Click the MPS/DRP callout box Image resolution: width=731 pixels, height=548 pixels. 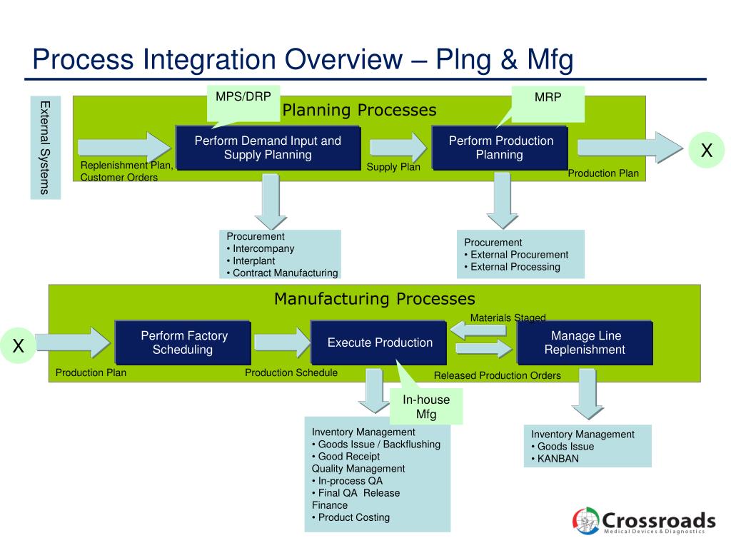(x=243, y=102)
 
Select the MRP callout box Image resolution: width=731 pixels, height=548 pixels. (x=548, y=103)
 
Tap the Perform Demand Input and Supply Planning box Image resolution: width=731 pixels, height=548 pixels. (x=268, y=148)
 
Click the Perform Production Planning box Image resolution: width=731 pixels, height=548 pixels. (x=500, y=148)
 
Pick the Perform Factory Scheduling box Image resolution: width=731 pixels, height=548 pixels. (x=183, y=342)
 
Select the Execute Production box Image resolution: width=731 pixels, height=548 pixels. (x=380, y=342)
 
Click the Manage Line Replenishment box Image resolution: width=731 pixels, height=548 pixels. (x=585, y=342)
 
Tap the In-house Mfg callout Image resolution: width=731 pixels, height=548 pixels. (x=426, y=407)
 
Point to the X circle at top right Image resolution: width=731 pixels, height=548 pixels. (x=707, y=151)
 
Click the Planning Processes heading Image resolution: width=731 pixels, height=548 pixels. (x=359, y=110)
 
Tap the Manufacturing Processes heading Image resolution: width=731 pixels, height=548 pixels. (x=374, y=298)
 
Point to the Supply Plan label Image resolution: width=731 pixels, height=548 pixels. (x=393, y=167)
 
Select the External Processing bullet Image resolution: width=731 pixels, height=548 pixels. (x=512, y=267)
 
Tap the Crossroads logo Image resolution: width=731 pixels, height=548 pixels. (x=644, y=520)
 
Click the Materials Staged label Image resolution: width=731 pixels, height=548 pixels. (x=508, y=318)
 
